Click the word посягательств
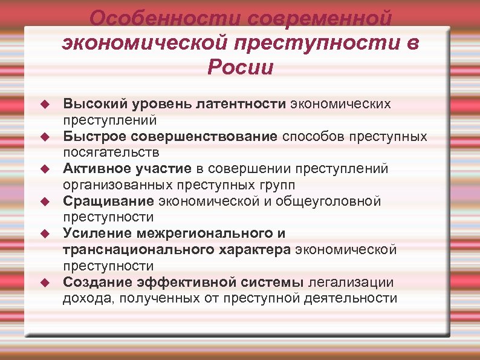click(111, 152)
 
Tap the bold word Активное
click(97, 168)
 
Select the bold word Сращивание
click(108, 200)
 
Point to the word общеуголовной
click(330, 200)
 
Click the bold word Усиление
click(97, 233)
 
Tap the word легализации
click(351, 281)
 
